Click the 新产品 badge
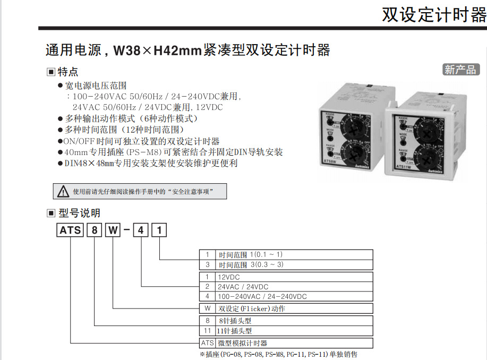point(461,70)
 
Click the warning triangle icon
point(64,191)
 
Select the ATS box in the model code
point(71,230)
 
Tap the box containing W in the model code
point(113,230)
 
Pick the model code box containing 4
point(141,230)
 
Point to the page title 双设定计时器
point(434,14)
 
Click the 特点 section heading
point(67,72)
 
